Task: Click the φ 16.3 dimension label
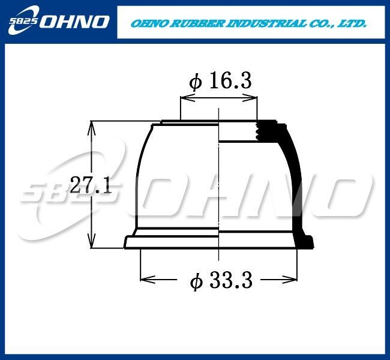(x=220, y=82)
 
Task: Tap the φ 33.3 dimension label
(x=221, y=280)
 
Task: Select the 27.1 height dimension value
(x=91, y=185)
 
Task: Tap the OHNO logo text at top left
(x=74, y=22)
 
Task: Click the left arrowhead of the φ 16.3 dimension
(x=187, y=98)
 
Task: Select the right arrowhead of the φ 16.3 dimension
(x=250, y=98)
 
